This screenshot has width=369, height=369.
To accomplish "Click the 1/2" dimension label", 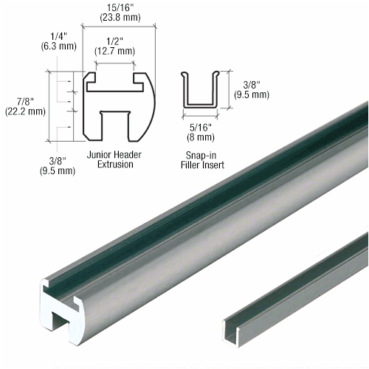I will tap(114, 41).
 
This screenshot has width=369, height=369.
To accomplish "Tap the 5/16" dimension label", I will tap(199, 127).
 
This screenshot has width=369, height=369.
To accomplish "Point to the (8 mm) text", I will tap(199, 137).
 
